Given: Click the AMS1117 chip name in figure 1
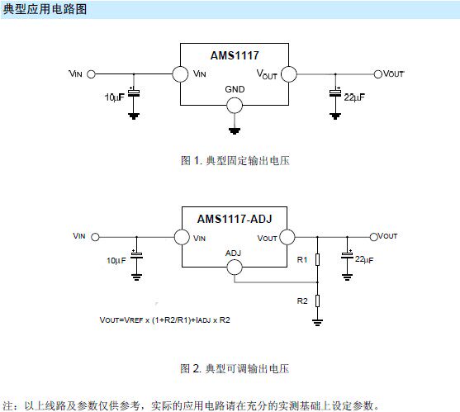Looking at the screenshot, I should (235, 55).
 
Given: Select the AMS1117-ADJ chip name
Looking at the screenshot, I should (235, 219).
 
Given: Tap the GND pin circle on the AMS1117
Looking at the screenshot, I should (235, 104).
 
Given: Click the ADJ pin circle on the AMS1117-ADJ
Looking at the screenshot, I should (235, 268).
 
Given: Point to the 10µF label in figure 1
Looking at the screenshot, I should (116, 97).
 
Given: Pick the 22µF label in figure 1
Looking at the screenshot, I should (353, 97).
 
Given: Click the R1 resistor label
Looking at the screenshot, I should (302, 260).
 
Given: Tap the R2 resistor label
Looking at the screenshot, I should (302, 301).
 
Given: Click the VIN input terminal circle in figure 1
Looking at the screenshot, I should (91, 73).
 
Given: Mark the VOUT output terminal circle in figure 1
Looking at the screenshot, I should (377, 73).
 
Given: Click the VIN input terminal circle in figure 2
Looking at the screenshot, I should (93, 237).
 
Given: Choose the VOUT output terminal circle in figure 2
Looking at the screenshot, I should (373, 237).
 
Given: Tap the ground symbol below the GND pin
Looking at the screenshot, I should (235, 129).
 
